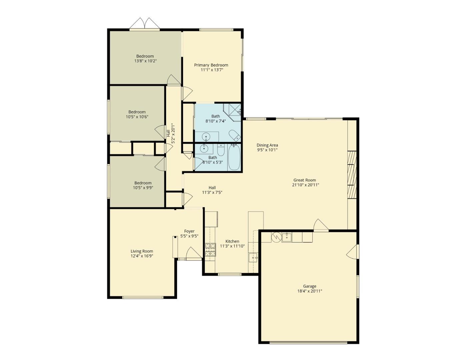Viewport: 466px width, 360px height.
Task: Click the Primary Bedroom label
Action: coord(211,65)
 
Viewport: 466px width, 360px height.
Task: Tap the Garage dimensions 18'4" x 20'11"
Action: coord(309,291)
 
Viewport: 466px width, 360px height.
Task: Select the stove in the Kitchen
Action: coord(210,250)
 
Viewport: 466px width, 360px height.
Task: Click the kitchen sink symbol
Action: coord(253,258)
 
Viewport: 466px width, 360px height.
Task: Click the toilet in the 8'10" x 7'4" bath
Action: coord(235,135)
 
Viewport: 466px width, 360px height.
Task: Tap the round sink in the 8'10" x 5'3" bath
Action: coord(203,149)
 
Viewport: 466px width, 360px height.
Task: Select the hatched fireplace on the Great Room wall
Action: coord(352,175)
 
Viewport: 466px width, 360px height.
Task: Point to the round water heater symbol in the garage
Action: coord(276,237)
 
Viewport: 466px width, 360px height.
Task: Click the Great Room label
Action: coord(305,180)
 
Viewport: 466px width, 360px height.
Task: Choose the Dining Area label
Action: coord(267,145)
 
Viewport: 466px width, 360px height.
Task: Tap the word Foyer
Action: coord(189,231)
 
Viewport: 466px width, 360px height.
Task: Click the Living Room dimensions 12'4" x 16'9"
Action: coord(142,256)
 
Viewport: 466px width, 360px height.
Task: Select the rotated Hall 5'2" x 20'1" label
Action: coord(170,133)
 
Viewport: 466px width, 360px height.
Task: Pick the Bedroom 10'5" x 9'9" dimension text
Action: coord(143,188)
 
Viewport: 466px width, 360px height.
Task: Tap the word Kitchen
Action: coord(232,241)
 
